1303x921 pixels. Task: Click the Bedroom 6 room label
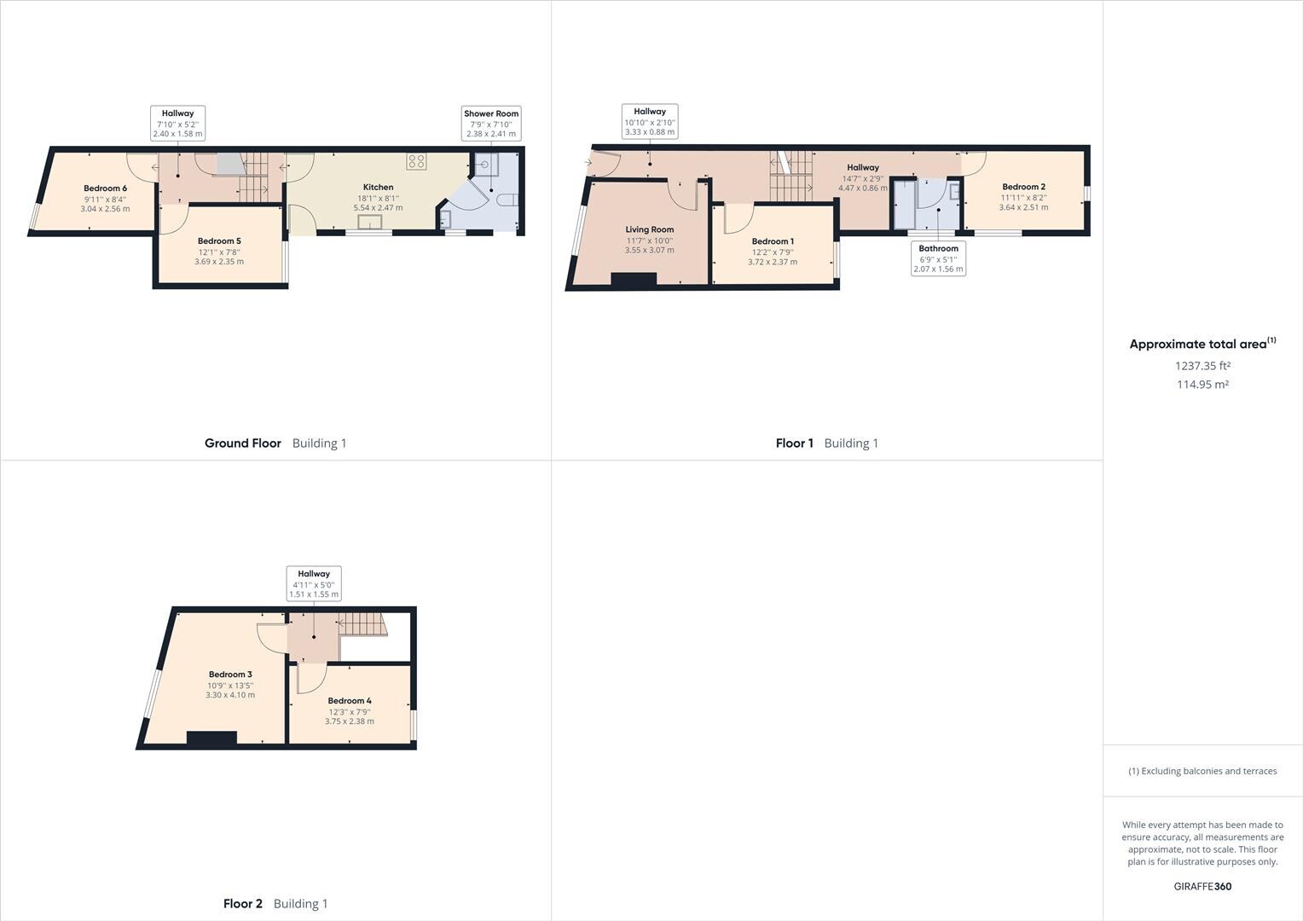[105, 188]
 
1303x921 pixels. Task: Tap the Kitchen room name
[378, 187]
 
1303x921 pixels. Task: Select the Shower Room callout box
[490, 123]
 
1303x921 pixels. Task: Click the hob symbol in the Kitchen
[416, 161]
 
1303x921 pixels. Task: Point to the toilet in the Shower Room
[509, 200]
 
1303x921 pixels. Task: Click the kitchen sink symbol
[369, 222]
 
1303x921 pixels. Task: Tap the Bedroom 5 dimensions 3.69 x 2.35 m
[219, 262]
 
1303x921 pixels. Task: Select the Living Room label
[649, 229]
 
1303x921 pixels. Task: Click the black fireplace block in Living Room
[634, 280]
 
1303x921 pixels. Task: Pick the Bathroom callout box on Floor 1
[938, 258]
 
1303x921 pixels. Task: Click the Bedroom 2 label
[1023, 187]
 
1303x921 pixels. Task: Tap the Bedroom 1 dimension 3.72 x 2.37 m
[773, 262]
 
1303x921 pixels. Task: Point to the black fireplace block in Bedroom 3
[211, 739]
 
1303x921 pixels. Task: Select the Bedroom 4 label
[349, 701]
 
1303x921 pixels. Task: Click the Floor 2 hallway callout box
[314, 583]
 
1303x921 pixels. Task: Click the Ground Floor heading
[242, 443]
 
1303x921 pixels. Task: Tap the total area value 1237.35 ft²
[1202, 366]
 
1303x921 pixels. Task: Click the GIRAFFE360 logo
[1202, 886]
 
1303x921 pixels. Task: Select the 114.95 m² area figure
[1202, 385]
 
